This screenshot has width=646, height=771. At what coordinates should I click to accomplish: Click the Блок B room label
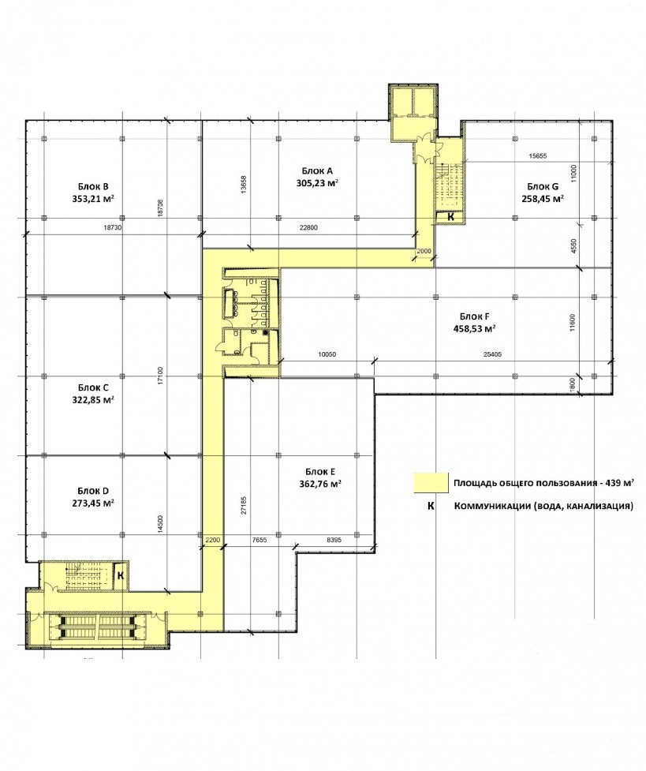click(93, 186)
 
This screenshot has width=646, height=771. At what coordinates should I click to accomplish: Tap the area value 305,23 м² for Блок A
click(318, 183)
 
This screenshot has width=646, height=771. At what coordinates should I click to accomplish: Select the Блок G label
click(543, 186)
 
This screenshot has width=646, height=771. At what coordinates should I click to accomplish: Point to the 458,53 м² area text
click(474, 328)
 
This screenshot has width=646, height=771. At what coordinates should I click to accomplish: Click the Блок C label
click(93, 387)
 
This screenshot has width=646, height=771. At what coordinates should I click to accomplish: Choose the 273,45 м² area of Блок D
click(93, 503)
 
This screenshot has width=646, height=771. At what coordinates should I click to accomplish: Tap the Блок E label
click(320, 472)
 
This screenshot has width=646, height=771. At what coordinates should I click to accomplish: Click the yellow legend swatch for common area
click(431, 482)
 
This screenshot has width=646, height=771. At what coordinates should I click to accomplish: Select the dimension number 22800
click(308, 227)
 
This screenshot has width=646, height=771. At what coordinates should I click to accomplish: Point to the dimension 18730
click(113, 227)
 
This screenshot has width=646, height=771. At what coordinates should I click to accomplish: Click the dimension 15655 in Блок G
click(537, 156)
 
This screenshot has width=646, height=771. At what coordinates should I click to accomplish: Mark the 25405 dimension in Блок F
click(492, 354)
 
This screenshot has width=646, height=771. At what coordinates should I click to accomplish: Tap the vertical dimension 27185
click(245, 506)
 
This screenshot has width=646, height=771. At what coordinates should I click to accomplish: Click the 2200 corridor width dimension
click(212, 540)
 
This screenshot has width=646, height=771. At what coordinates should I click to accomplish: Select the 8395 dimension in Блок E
click(334, 540)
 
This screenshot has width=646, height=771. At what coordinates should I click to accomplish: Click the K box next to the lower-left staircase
click(121, 575)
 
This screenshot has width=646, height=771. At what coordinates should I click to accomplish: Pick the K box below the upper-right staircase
click(450, 216)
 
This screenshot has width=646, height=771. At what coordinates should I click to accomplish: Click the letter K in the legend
click(431, 506)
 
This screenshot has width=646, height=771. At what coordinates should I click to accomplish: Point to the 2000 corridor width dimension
click(424, 251)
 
